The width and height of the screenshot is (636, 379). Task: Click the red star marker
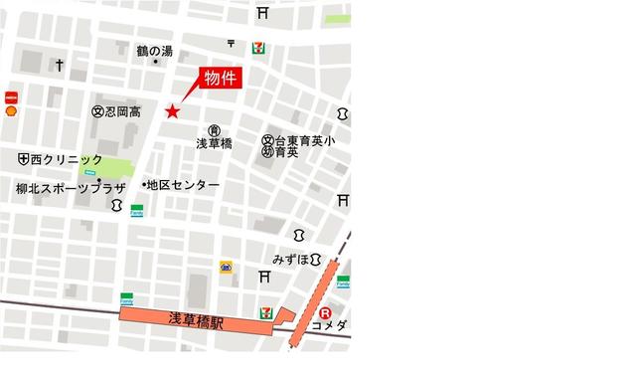pyautogui.click(x=173, y=111)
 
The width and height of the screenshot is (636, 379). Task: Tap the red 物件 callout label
pyautogui.click(x=220, y=80)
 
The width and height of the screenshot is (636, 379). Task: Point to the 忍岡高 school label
pyautogui.click(x=117, y=111)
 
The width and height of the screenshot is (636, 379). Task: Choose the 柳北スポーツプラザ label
pyautogui.click(x=69, y=187)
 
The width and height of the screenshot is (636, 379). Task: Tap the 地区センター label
pyautogui.click(x=182, y=185)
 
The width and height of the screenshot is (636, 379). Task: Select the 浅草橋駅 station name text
pyautogui.click(x=196, y=320)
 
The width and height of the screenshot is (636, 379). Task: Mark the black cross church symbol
pyautogui.click(x=60, y=66)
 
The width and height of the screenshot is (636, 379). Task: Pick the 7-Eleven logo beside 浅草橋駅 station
pyautogui.click(x=265, y=311)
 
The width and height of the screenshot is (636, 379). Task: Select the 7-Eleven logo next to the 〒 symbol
pyautogui.click(x=258, y=47)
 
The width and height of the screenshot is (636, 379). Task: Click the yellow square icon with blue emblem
pyautogui.click(x=227, y=267)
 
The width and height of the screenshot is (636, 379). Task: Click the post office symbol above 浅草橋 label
pyautogui.click(x=214, y=130)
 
